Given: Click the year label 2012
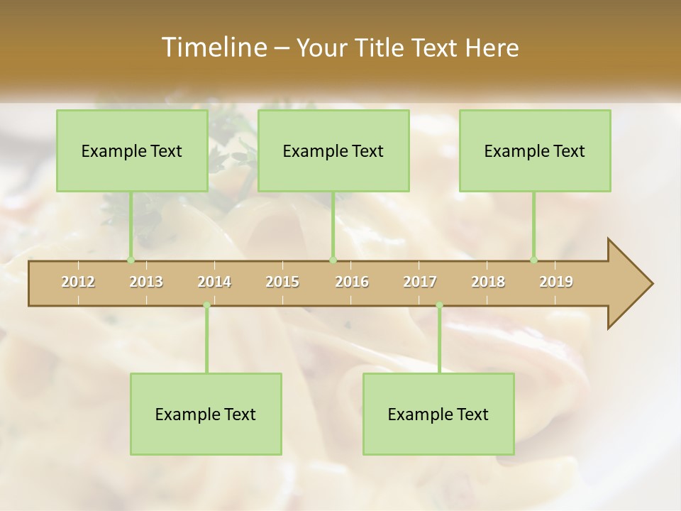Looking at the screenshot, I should tap(78, 282).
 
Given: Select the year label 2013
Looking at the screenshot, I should tap(146, 282).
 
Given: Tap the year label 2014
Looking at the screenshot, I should tap(214, 282).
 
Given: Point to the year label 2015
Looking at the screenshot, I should tap(282, 282).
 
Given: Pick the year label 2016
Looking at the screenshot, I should tap(352, 282).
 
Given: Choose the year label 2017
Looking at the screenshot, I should tap(420, 282).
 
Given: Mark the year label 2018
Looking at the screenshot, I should tap(488, 282).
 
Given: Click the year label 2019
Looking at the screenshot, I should tap(556, 282).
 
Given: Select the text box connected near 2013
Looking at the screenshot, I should tap(132, 150).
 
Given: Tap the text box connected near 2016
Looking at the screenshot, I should tap(333, 150).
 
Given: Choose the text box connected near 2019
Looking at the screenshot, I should tap(535, 150).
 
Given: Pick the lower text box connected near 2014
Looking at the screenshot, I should tap(206, 414).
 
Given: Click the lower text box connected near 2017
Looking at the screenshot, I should tap(438, 414).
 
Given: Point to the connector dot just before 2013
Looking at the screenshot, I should tap(131, 260).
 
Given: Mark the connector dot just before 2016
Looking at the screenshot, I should tap(333, 260).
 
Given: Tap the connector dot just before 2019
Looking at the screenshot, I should tap(533, 260).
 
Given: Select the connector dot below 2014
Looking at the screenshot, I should tap(206, 305).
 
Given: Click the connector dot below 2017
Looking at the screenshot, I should tap(439, 305).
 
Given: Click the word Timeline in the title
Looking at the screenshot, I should tap(213, 47).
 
